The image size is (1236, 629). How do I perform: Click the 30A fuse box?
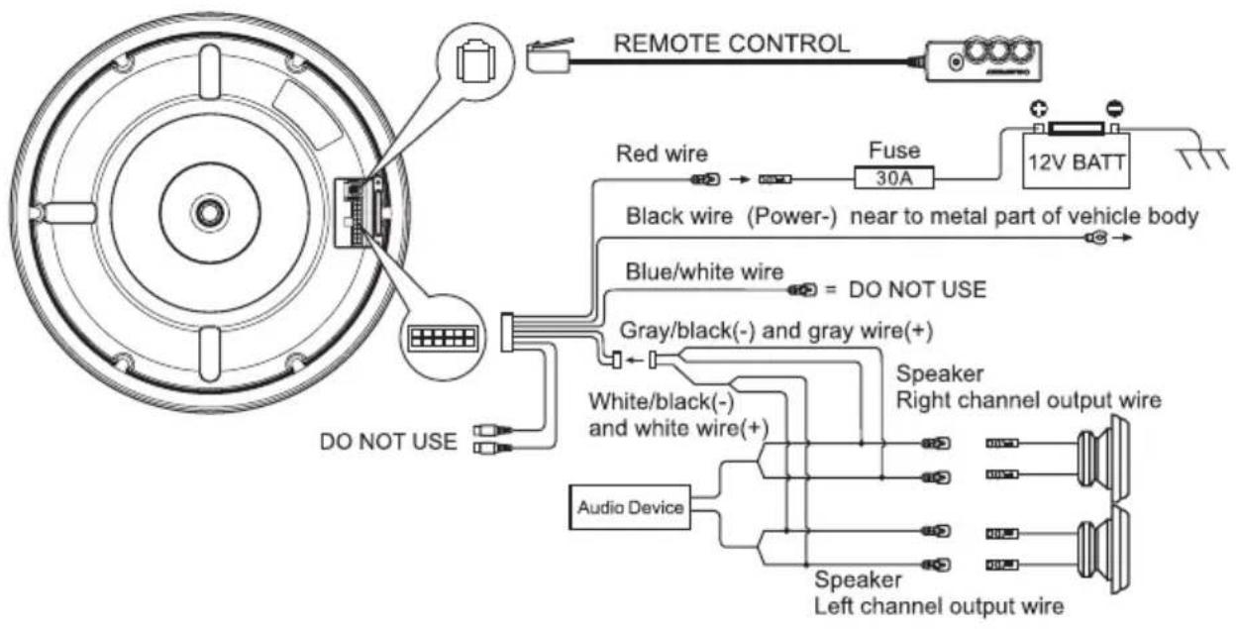(x=894, y=177)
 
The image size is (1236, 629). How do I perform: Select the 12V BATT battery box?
(x=1076, y=160)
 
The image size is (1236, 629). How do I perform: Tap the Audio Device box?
(x=630, y=507)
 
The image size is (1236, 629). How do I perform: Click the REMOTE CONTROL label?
(x=732, y=44)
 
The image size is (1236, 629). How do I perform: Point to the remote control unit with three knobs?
(x=983, y=59)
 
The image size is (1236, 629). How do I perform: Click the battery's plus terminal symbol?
(x=1039, y=109)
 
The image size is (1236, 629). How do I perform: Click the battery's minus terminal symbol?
(x=1115, y=108)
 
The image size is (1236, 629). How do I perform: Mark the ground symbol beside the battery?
(x=1203, y=158)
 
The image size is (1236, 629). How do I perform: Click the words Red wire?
(x=662, y=154)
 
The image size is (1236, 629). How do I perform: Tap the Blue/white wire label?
(x=704, y=271)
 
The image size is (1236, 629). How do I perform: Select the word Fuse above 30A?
(x=894, y=151)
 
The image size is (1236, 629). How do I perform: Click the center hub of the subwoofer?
(x=210, y=212)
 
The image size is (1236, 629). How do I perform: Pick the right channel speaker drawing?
(x=1102, y=459)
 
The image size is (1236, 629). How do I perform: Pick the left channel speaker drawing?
(x=1102, y=550)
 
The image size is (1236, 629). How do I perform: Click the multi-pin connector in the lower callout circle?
(x=443, y=337)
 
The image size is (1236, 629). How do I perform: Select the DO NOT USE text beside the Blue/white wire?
(x=917, y=289)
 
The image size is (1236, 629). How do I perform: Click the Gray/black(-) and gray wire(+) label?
(x=775, y=331)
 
